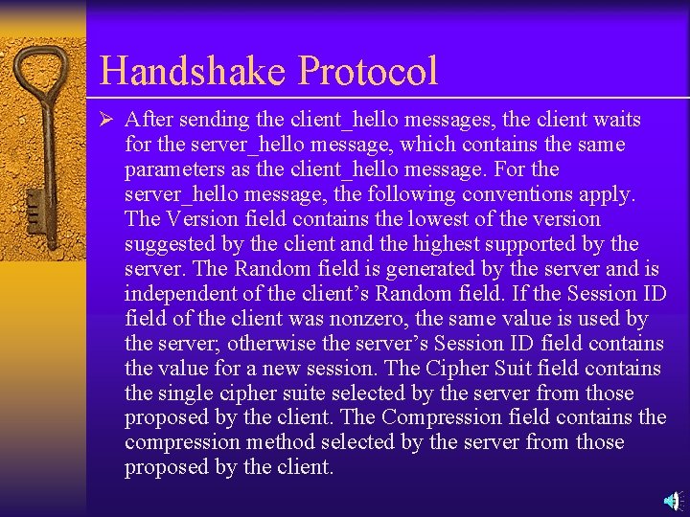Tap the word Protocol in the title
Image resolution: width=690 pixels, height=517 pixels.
coord(368,71)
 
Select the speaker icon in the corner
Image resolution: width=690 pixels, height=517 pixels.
coord(674,500)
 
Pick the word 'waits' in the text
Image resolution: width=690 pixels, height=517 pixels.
coord(616,121)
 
